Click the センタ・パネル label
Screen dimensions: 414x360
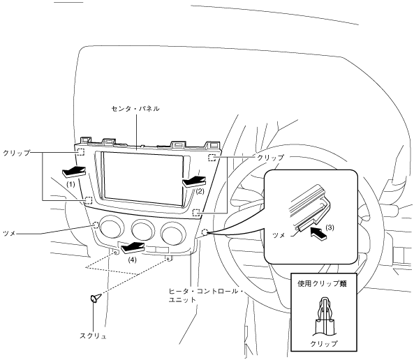(135, 108)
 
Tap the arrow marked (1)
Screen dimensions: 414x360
(74, 172)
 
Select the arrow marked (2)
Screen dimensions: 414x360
(194, 182)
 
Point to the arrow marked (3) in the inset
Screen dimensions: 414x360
(318, 233)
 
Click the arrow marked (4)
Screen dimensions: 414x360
(133, 248)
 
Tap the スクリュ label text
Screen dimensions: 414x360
(94, 336)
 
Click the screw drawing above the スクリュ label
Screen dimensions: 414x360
(96, 298)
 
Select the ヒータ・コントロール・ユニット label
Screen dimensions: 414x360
(206, 296)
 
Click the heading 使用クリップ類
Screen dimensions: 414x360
(322, 284)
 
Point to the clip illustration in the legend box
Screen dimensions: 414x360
(324, 316)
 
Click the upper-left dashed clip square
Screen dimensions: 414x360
(80, 152)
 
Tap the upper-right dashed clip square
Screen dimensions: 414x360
(212, 158)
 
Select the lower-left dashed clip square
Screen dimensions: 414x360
(89, 201)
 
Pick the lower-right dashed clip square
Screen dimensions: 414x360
(196, 213)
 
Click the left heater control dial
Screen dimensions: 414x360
(112, 227)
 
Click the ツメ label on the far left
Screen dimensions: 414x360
(9, 233)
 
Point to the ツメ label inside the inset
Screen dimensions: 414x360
(279, 235)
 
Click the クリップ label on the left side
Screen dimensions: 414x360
(16, 153)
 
